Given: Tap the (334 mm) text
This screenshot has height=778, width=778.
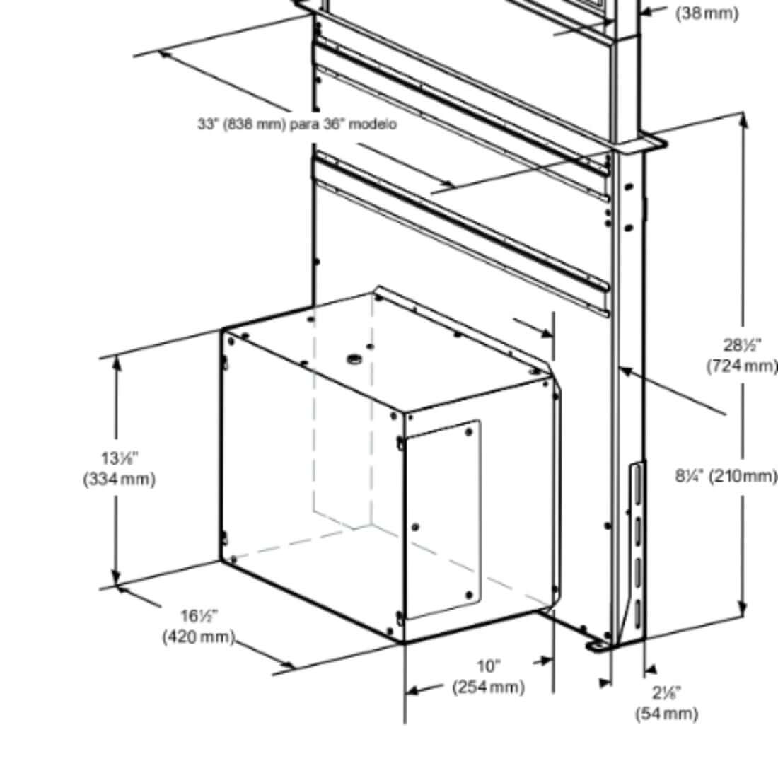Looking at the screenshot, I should [119, 479].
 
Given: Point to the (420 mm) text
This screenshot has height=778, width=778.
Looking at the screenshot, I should [198, 637].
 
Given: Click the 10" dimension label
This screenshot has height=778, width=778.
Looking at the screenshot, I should [488, 666].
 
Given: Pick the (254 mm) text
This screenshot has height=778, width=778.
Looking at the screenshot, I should [489, 687].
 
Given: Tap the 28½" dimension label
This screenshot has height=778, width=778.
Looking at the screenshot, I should [742, 345].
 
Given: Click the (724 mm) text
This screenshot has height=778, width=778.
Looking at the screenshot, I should [742, 366].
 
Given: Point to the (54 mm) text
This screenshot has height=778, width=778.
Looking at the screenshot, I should [666, 713].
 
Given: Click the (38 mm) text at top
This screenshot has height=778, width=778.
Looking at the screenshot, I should [707, 13].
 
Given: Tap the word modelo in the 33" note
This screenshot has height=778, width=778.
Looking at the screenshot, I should [373, 124].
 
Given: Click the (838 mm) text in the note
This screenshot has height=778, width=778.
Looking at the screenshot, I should [255, 124].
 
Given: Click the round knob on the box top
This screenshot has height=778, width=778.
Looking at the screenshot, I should [353, 360].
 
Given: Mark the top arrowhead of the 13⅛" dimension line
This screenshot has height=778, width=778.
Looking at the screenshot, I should [117, 361].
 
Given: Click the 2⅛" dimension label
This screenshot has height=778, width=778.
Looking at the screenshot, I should [667, 693].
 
